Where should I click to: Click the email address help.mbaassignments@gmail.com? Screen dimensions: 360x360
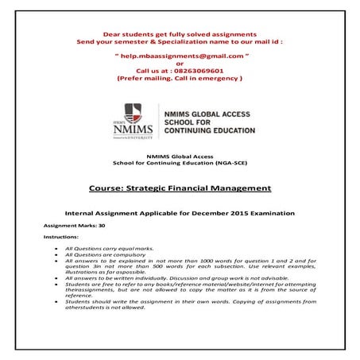pyautogui.click(x=180, y=58)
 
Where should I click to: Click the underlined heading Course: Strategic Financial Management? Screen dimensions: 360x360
pyautogui.click(x=180, y=188)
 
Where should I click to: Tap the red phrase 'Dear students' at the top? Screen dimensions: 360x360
pyautogui.click(x=126, y=33)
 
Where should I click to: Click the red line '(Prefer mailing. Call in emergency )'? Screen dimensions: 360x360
pyautogui.click(x=180, y=79)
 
